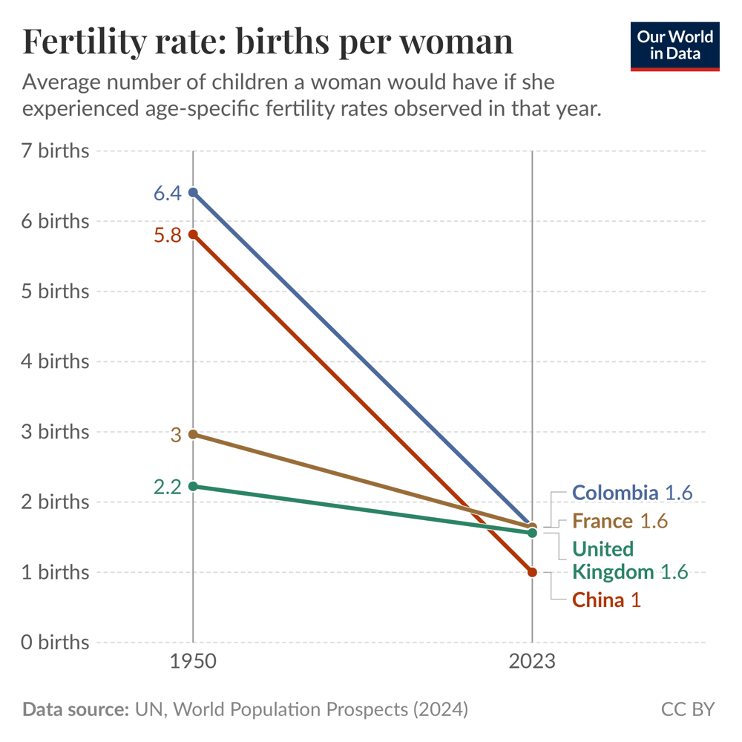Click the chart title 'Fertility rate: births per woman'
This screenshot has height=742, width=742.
click(x=268, y=42)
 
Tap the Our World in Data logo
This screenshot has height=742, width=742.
click(x=675, y=46)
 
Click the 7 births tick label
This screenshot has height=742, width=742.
click(x=56, y=151)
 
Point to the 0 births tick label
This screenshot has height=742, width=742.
click(x=56, y=643)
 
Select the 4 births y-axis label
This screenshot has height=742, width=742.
click(x=56, y=362)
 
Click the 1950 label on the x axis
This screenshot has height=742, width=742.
click(x=193, y=661)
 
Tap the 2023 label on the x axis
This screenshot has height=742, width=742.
click(x=532, y=661)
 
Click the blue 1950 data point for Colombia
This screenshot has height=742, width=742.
click(x=193, y=193)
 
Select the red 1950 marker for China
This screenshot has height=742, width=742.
click(x=193, y=234)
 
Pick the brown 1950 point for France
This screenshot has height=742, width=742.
click(x=193, y=434)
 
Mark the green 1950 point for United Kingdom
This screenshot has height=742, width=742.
click(x=193, y=487)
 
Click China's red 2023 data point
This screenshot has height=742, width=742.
click(x=532, y=572)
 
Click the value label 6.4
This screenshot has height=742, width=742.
click(x=167, y=194)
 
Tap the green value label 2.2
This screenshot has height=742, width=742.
click(x=167, y=487)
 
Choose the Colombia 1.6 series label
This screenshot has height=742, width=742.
click(x=632, y=493)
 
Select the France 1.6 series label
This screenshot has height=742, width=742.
click(x=620, y=521)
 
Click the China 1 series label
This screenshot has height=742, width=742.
click(x=606, y=600)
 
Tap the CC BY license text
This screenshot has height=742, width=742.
click(x=687, y=709)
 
